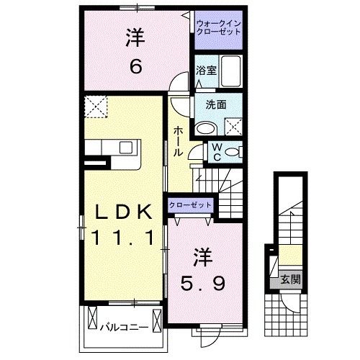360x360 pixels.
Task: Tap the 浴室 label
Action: (x=207, y=71)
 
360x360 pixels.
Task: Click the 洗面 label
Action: (x=216, y=104)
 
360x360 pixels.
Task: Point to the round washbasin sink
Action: (x=207, y=129)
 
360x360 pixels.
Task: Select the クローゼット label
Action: (x=191, y=205)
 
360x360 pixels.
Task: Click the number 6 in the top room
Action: (x=135, y=67)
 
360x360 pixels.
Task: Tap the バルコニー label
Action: (x=124, y=327)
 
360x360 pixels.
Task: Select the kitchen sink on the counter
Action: (x=125, y=147)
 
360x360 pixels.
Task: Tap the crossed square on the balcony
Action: (x=93, y=315)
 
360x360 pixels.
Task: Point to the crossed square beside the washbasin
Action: (x=233, y=127)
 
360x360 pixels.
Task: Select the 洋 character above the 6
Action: (x=135, y=38)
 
